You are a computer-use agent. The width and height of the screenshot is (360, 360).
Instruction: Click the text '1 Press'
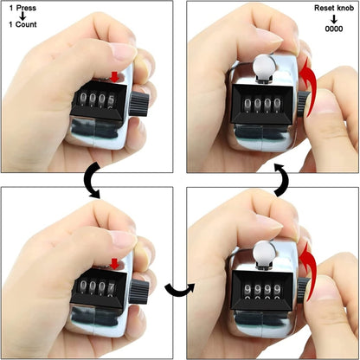tap(22, 8)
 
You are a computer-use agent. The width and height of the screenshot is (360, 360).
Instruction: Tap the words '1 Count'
tap(22, 24)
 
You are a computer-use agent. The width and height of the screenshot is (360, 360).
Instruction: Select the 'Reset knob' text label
tap(334, 8)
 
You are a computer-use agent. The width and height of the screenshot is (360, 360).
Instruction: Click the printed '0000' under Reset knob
tap(334, 29)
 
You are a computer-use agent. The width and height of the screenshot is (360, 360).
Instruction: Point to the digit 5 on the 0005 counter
tap(111, 100)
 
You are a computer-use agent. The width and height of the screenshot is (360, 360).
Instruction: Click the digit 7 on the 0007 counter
tap(111, 286)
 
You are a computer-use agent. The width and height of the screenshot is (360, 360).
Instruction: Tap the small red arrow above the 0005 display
tap(115, 77)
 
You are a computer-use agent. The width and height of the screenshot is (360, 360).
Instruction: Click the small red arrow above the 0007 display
tap(115, 264)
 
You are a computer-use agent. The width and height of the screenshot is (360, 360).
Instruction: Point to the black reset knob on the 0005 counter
tap(139, 105)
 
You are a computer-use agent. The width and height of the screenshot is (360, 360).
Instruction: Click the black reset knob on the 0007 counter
tap(139, 291)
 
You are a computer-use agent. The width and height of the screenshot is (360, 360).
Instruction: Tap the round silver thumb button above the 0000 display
tap(264, 66)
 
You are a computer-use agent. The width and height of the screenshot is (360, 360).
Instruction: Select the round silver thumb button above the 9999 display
tap(263, 252)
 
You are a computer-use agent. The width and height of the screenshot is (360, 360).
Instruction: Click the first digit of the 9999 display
tap(247, 289)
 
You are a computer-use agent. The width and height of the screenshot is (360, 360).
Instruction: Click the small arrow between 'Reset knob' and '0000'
tap(334, 18)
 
